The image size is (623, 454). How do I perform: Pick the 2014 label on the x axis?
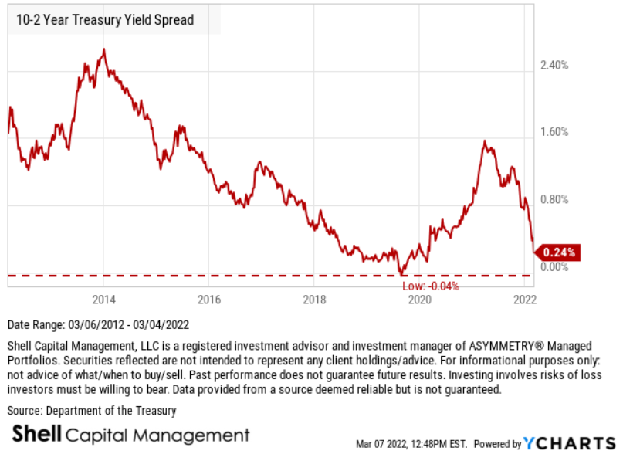click(x=104, y=300)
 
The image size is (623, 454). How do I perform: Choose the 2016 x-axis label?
click(x=209, y=300)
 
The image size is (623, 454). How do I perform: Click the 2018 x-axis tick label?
click(x=314, y=300)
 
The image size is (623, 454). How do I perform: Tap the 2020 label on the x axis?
click(x=419, y=300)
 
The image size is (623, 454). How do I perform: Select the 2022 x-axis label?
click(x=524, y=300)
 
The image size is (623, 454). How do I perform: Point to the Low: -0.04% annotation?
click(x=431, y=286)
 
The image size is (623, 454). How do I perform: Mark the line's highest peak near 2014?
click(x=104, y=50)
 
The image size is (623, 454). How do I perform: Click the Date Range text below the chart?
click(x=98, y=325)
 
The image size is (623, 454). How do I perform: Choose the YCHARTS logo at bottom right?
click(x=566, y=443)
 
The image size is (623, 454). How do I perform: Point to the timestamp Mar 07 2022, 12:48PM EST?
click(x=411, y=444)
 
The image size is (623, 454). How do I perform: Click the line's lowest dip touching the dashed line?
click(x=401, y=273)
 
